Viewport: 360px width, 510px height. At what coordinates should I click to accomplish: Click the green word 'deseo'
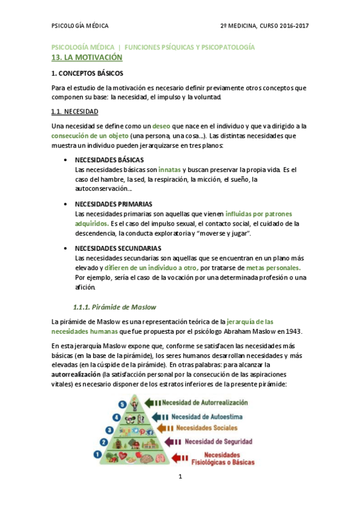pos(161,126)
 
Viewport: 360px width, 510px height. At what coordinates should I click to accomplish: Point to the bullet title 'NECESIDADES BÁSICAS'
pos(109,161)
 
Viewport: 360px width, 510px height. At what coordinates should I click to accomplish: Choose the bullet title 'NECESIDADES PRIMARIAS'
pos(113,204)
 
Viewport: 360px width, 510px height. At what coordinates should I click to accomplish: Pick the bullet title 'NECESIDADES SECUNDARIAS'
pos(118,248)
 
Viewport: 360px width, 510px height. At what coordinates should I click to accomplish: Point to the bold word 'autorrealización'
pos(76,374)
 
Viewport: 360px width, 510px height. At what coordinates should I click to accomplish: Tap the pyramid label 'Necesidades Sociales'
pos(207,428)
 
